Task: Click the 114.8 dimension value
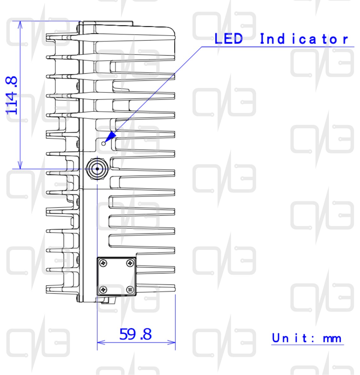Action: coord(11,95)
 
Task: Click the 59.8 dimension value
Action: coord(135,334)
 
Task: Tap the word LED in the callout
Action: coord(228,38)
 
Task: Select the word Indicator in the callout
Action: coord(304,39)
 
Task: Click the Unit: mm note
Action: coord(307,338)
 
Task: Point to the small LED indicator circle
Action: coord(103,144)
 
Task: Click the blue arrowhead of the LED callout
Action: coord(110,137)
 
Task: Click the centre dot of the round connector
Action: coord(97,169)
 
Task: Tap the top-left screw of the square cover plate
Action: coord(103,263)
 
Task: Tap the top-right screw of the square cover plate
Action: coord(130,263)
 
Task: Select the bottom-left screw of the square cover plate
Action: coord(103,290)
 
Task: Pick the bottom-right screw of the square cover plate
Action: coord(130,290)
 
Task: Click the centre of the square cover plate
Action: coord(117,277)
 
